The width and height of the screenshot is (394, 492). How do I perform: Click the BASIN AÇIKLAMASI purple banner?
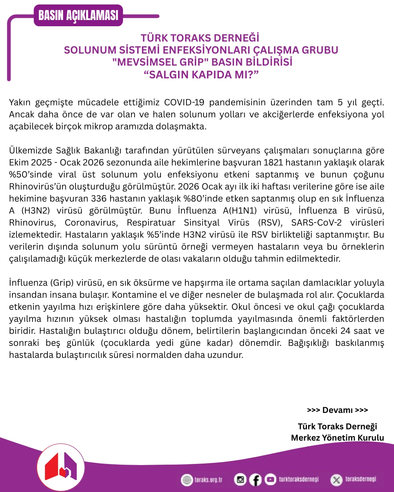click(78, 15)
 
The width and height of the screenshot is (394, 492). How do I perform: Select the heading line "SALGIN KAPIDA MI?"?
click(201, 75)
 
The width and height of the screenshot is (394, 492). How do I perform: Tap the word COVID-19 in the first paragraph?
click(184, 102)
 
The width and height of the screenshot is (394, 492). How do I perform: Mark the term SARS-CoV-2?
click(316, 223)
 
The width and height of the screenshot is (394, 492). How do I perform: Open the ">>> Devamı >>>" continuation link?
click(337, 410)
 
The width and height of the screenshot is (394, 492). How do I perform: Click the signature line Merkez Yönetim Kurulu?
click(337, 438)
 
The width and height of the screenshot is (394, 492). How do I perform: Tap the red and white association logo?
click(61, 467)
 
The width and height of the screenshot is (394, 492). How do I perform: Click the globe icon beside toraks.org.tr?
click(187, 480)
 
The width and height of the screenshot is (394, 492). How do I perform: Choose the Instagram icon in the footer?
click(240, 480)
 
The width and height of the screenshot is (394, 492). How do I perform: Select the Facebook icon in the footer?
click(255, 480)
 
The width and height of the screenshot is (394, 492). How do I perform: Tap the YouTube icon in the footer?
click(270, 480)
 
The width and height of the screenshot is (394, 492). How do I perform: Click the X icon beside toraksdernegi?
click(336, 480)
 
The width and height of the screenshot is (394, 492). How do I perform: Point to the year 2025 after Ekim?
click(42, 163)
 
